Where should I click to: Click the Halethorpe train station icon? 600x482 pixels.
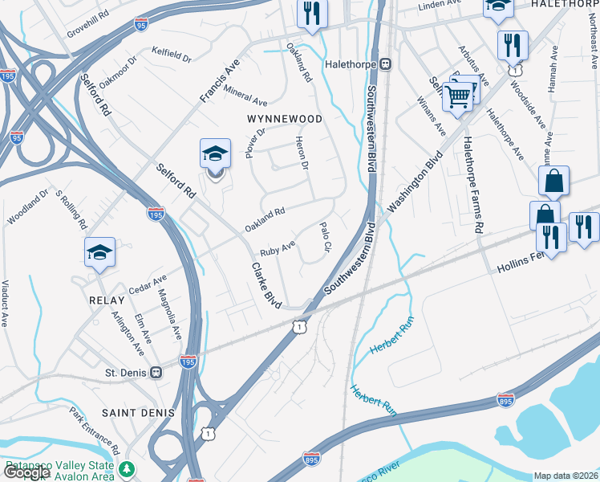click(386, 63)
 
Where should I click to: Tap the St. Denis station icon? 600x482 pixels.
click(156, 373)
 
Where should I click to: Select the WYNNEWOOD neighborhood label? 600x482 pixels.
click(284, 119)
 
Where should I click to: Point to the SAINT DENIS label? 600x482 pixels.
click(138, 412)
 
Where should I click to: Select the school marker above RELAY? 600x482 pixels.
click(99, 252)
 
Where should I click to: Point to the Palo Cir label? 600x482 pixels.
click(326, 235)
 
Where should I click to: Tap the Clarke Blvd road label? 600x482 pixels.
click(266, 286)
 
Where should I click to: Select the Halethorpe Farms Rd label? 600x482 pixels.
click(471, 184)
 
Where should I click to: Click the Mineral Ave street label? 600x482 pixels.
click(245, 96)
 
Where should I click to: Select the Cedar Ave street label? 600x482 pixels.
click(147, 284)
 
